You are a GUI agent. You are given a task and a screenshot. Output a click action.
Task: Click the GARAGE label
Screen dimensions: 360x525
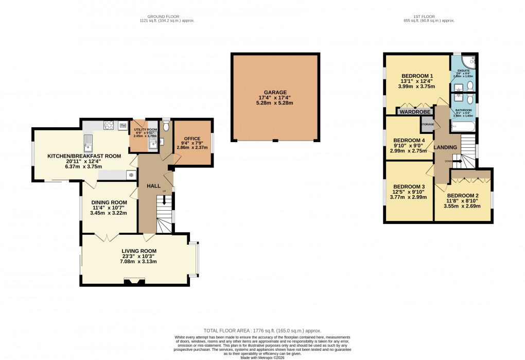[x=276, y=92]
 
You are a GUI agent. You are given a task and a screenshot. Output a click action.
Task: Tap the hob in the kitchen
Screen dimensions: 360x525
[x=109, y=124]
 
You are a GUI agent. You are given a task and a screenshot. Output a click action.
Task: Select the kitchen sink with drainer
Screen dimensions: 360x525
[x=89, y=139]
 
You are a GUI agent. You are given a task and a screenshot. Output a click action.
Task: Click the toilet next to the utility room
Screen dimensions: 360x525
[x=166, y=125]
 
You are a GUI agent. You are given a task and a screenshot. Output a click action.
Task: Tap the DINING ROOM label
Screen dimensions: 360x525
[x=109, y=202]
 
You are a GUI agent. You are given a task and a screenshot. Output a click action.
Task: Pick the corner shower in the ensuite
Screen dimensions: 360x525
[x=469, y=62]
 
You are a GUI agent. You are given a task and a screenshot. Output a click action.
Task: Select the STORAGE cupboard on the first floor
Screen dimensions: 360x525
[x=428, y=125]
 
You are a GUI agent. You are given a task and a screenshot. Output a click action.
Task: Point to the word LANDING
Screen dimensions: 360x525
[x=445, y=147]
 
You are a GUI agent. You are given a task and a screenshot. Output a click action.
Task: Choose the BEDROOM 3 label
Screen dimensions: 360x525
[x=409, y=186]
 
